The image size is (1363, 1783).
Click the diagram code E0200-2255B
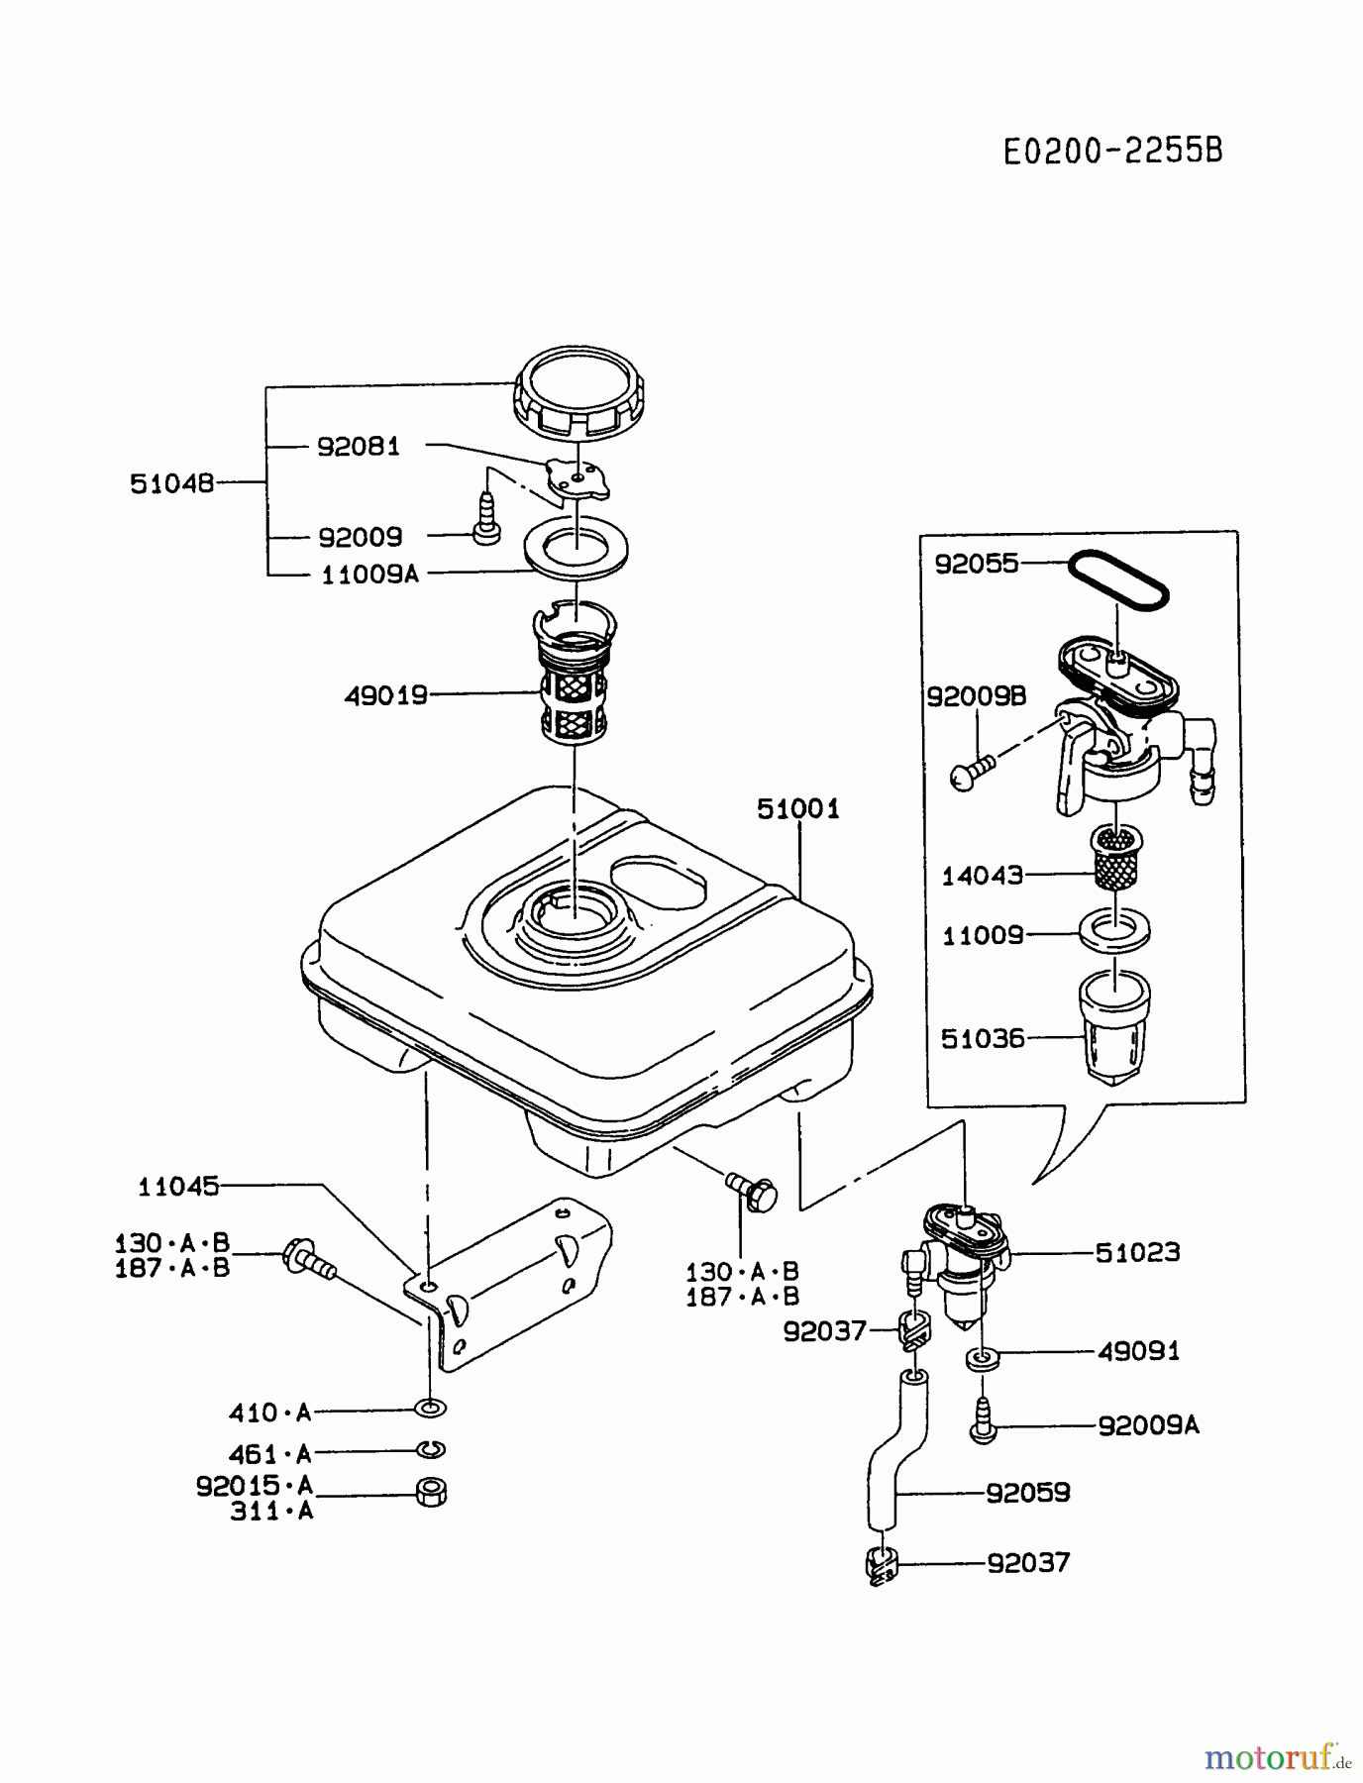1112,152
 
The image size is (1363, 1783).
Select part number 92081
359,447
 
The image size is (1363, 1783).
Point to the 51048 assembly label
171,483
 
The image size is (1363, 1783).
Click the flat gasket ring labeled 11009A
576,548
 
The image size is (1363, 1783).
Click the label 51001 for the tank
797,809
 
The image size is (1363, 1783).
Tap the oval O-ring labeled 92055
1118,580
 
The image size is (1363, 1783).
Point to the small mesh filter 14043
1115,858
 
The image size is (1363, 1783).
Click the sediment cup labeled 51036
1114,1026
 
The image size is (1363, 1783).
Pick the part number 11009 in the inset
982,935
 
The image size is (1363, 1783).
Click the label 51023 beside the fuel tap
1137,1253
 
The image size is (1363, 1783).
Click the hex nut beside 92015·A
431,1492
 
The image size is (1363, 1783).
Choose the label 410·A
269,1413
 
